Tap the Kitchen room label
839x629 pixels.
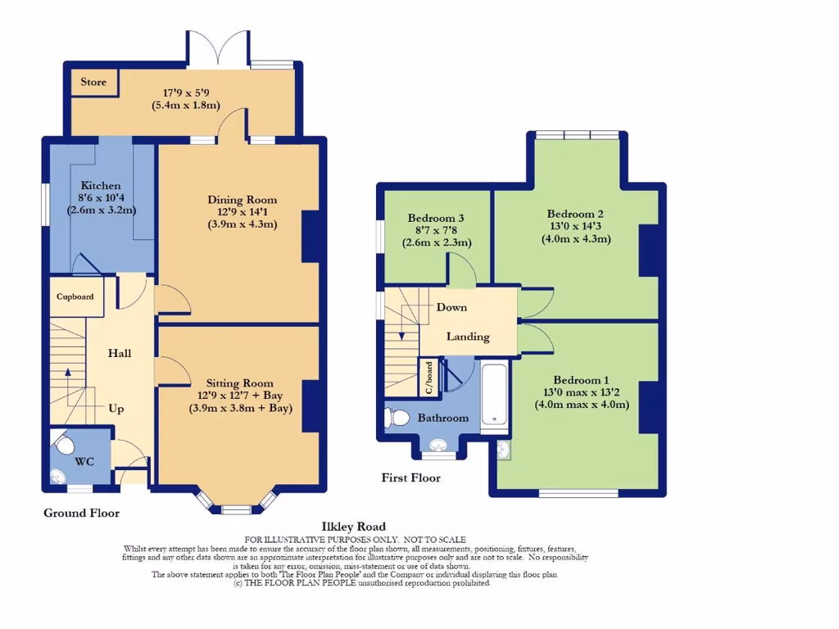pos(101,186)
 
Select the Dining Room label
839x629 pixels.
pos(242,199)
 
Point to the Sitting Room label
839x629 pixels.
pos(239,382)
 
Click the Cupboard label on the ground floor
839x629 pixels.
pos(75,297)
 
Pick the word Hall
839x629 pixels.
pos(120,353)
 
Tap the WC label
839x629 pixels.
pos(85,462)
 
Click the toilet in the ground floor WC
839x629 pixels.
pos(65,446)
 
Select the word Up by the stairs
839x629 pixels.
pos(116,409)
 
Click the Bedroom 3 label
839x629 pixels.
pos(437,218)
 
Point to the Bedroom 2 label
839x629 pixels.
pos(576,215)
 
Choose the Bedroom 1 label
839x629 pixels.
pos(582,380)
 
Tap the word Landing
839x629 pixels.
pos(468,337)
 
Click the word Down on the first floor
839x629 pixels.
pos(451,307)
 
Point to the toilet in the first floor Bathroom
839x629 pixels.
pos(398,418)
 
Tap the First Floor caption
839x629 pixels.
pos(411,477)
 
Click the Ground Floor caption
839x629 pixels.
pos(81,514)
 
